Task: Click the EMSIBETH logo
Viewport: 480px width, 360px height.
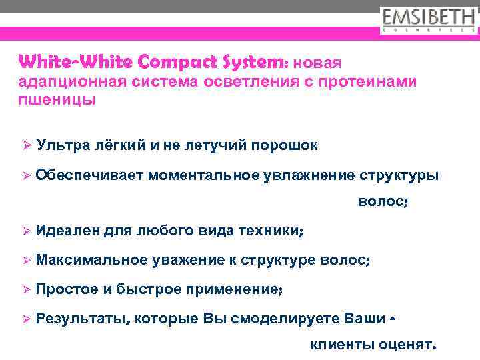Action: click(429, 19)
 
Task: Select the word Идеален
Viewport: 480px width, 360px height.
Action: click(66, 231)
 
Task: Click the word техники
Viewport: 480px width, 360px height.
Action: click(270, 231)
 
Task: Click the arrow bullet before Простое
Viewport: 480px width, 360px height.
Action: click(27, 290)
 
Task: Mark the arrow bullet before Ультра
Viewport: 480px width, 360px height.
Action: click(27, 145)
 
